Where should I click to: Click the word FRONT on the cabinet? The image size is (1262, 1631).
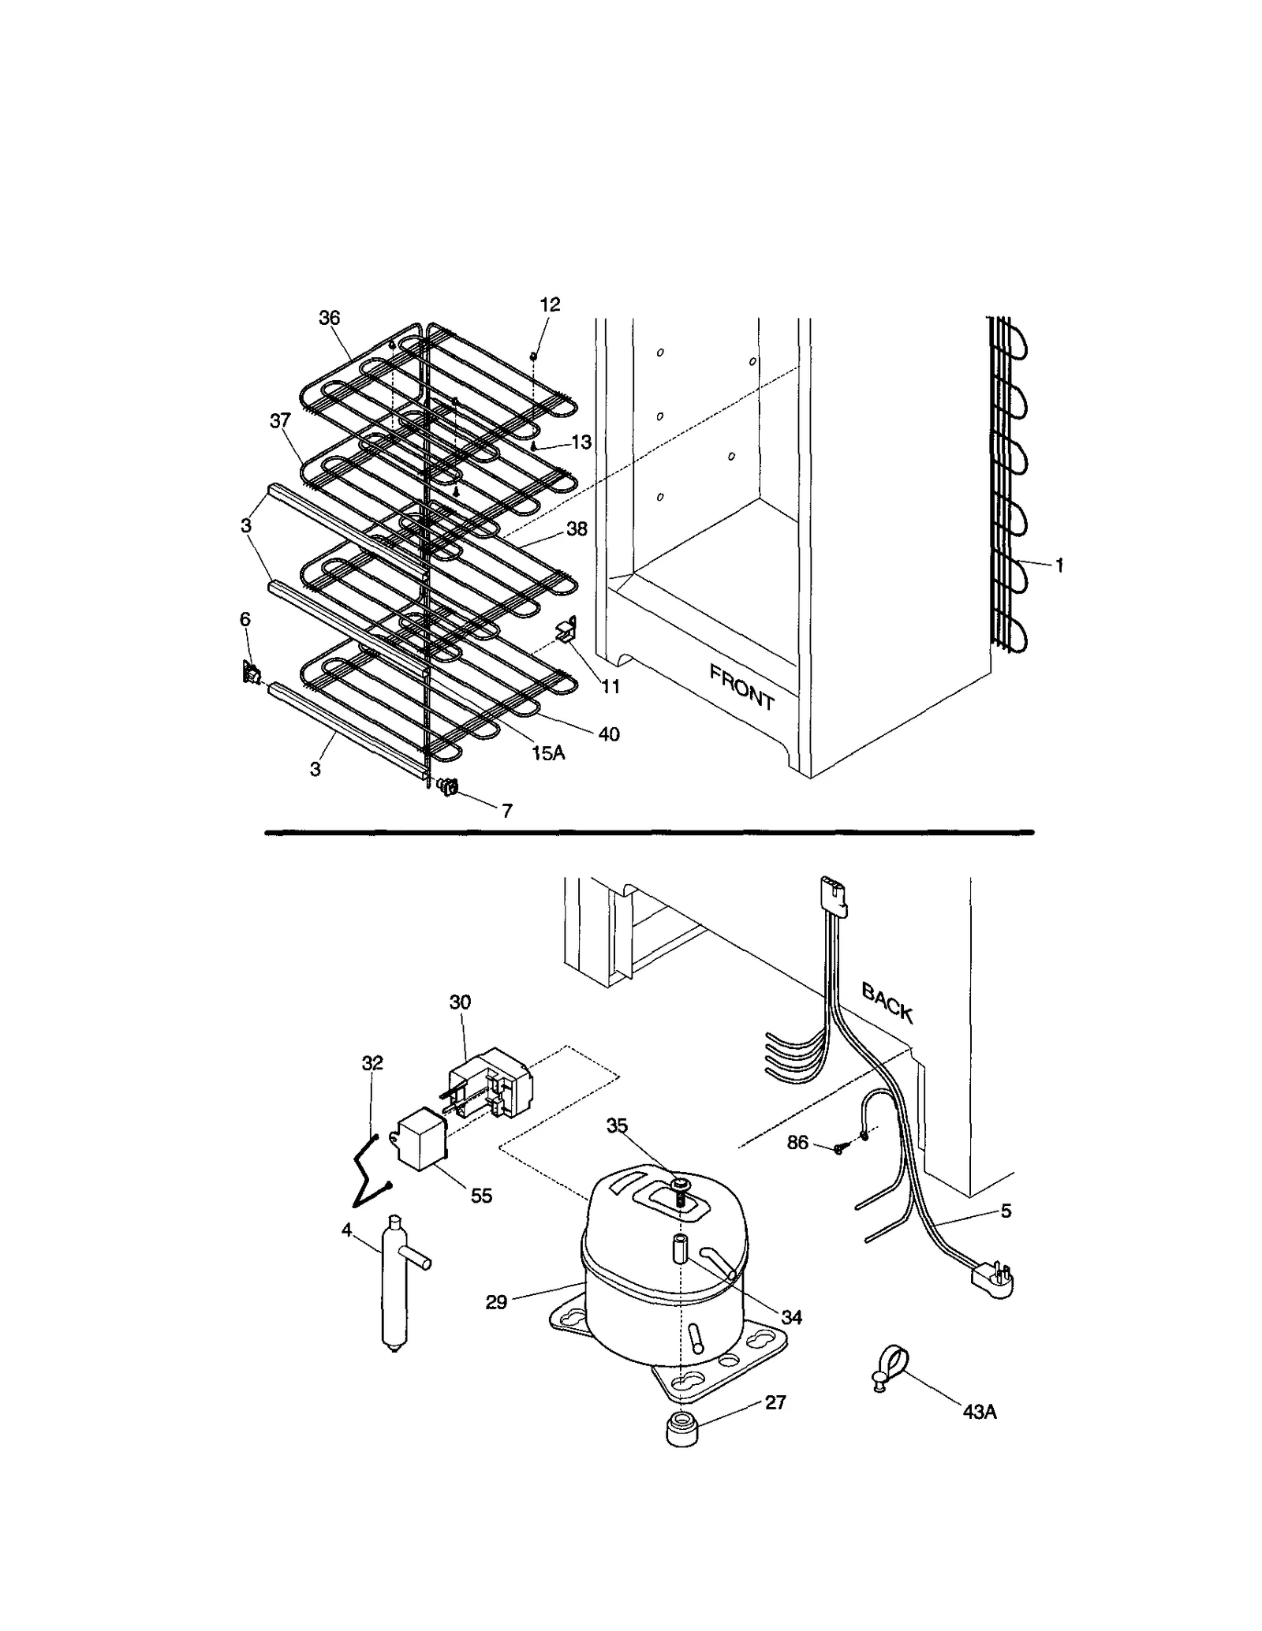[741, 686]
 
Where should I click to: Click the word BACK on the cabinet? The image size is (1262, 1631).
[887, 1002]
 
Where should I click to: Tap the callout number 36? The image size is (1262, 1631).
[329, 318]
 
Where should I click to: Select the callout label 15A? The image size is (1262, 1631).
[548, 753]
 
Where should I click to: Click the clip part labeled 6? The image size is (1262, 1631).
[252, 673]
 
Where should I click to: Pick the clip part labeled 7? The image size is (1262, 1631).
[446, 786]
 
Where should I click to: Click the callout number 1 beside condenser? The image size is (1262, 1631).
[1059, 565]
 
